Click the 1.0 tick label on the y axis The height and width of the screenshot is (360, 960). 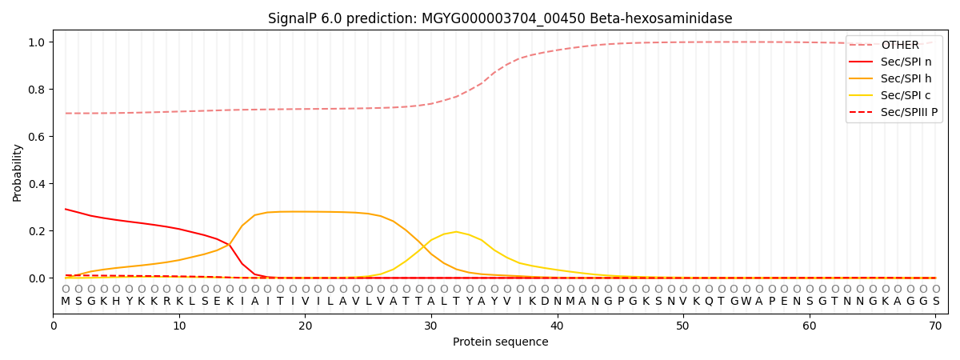(x=38, y=42)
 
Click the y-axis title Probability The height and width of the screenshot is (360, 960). (x=17, y=172)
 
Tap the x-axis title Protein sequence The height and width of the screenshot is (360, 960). (x=500, y=342)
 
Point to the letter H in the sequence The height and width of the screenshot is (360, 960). (x=116, y=302)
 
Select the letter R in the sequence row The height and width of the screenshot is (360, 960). (x=166, y=302)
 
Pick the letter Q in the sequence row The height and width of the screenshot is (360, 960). (x=709, y=302)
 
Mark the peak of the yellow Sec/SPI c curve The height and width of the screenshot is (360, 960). (x=457, y=232)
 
